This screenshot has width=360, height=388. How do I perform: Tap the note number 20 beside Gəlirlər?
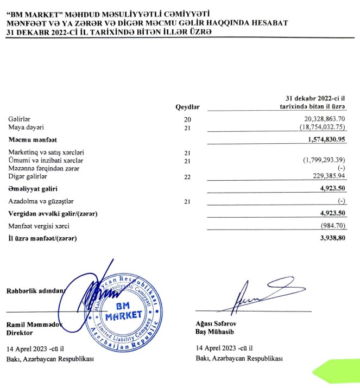(x=188, y=119)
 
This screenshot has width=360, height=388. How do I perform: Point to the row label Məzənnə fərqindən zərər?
(x=43, y=169)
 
